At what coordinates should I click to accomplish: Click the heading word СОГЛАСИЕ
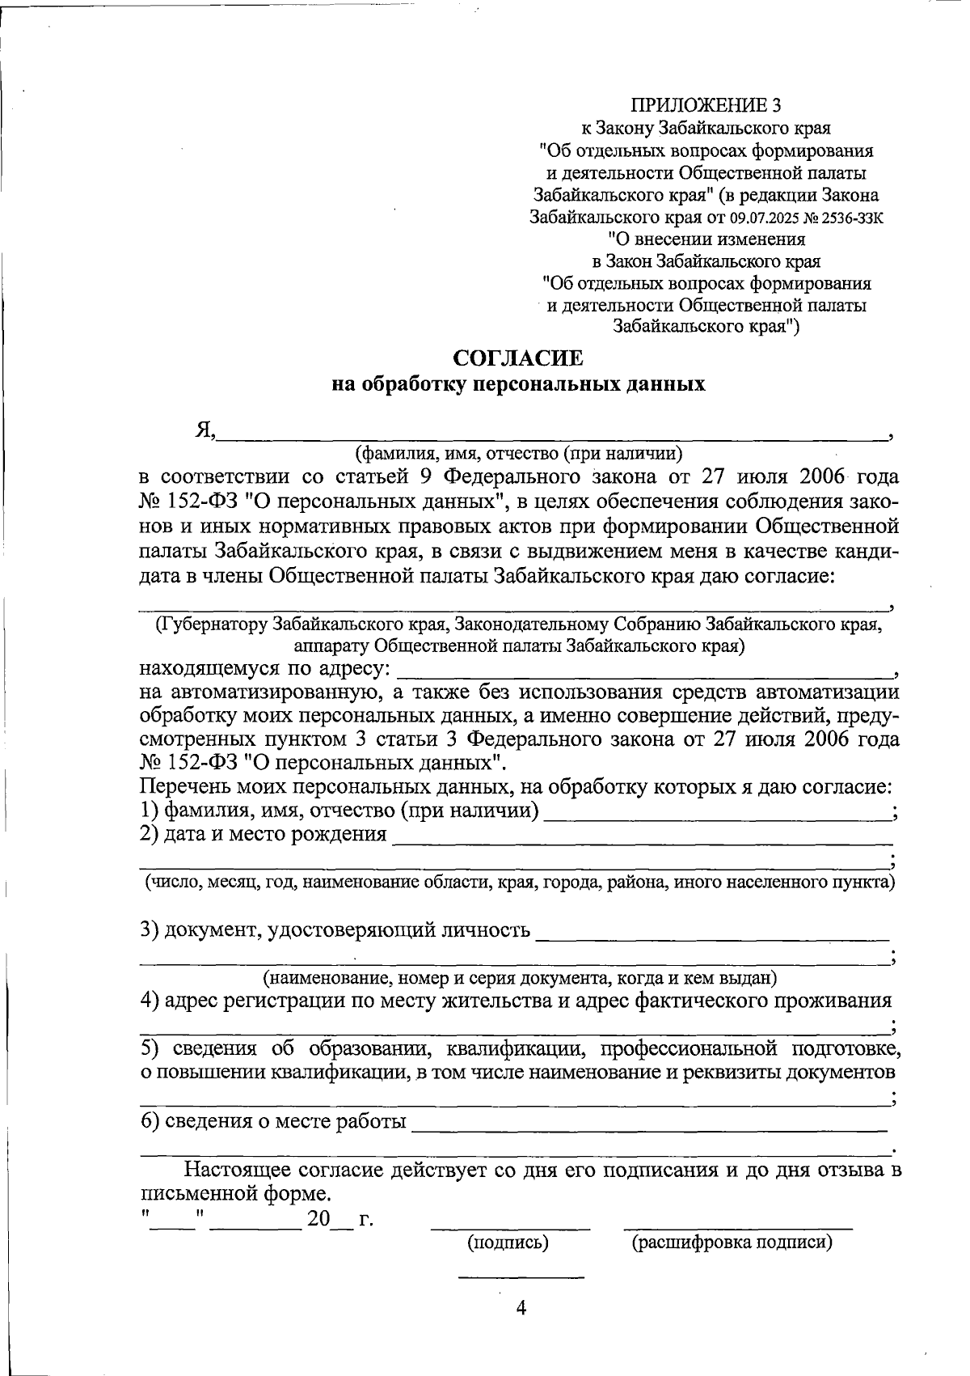pos(517,358)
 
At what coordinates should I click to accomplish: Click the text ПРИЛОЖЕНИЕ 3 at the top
pos(706,105)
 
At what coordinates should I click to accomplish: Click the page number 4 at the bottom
pos(521,1307)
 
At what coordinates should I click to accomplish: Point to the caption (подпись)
pos(508,1243)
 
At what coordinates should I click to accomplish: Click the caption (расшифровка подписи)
pos(732,1243)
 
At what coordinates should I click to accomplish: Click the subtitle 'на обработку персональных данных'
pos(519,384)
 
